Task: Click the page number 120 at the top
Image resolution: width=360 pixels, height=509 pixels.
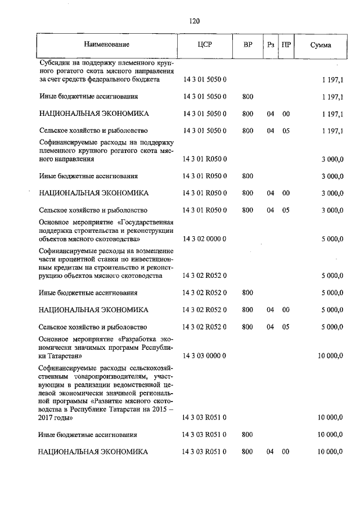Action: pos(195,21)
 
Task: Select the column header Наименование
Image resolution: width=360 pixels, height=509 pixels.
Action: pos(107,44)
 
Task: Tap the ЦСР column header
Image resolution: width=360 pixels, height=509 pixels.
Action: pos(205,44)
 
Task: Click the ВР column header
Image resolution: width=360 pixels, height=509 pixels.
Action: pos(247,44)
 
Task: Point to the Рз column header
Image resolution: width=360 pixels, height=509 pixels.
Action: pos(271,44)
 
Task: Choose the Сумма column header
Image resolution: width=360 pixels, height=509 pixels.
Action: pos(321,44)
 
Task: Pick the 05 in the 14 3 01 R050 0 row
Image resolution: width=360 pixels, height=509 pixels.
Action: pos(286,210)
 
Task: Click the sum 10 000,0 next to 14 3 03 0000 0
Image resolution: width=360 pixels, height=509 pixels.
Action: pos(330,356)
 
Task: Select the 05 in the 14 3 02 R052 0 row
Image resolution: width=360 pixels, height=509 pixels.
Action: pos(286,327)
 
